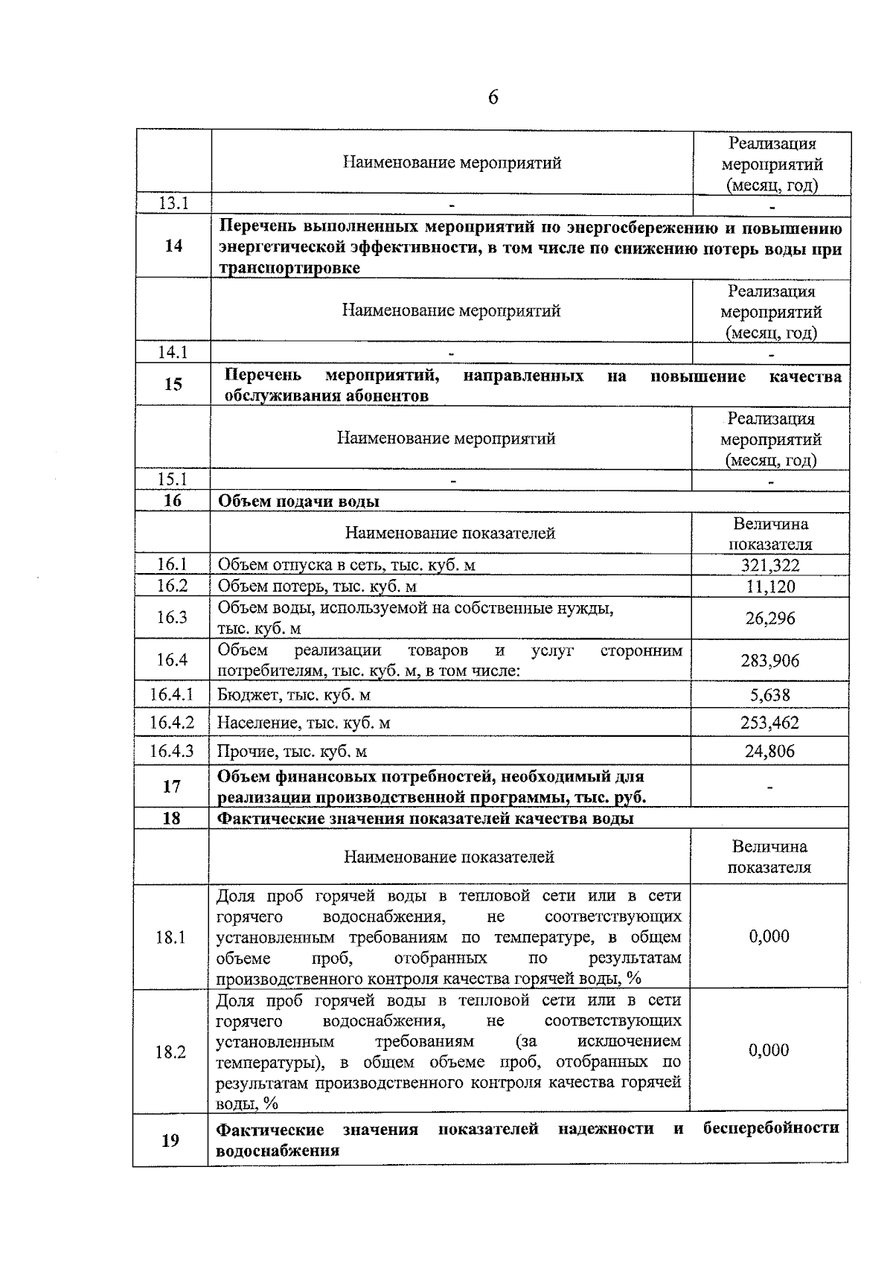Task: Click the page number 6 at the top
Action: pyautogui.click(x=493, y=97)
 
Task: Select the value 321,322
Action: pyautogui.click(x=769, y=565)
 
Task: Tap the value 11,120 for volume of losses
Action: pyautogui.click(x=770, y=586)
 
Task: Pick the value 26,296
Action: pyautogui.click(x=770, y=618)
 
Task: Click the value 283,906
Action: pyautogui.click(x=769, y=660)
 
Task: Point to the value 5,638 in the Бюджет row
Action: pyautogui.click(x=769, y=695)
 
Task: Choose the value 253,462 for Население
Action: pyautogui.click(x=769, y=723)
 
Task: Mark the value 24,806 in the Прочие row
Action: pyautogui.click(x=769, y=751)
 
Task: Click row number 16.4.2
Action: pyautogui.click(x=171, y=722)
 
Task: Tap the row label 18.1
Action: pyautogui.click(x=170, y=937)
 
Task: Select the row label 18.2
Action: pyautogui.click(x=170, y=1052)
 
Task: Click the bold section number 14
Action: pyautogui.click(x=173, y=246)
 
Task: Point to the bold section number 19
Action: pyautogui.click(x=170, y=1139)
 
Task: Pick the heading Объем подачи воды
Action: pyautogui.click(x=298, y=501)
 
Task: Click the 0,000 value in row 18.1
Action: pyautogui.click(x=769, y=936)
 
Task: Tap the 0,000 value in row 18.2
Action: pyautogui.click(x=769, y=1050)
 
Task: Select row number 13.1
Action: pyautogui.click(x=173, y=203)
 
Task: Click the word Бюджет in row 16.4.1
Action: pyautogui.click(x=244, y=695)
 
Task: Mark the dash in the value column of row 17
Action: pyautogui.click(x=769, y=787)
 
